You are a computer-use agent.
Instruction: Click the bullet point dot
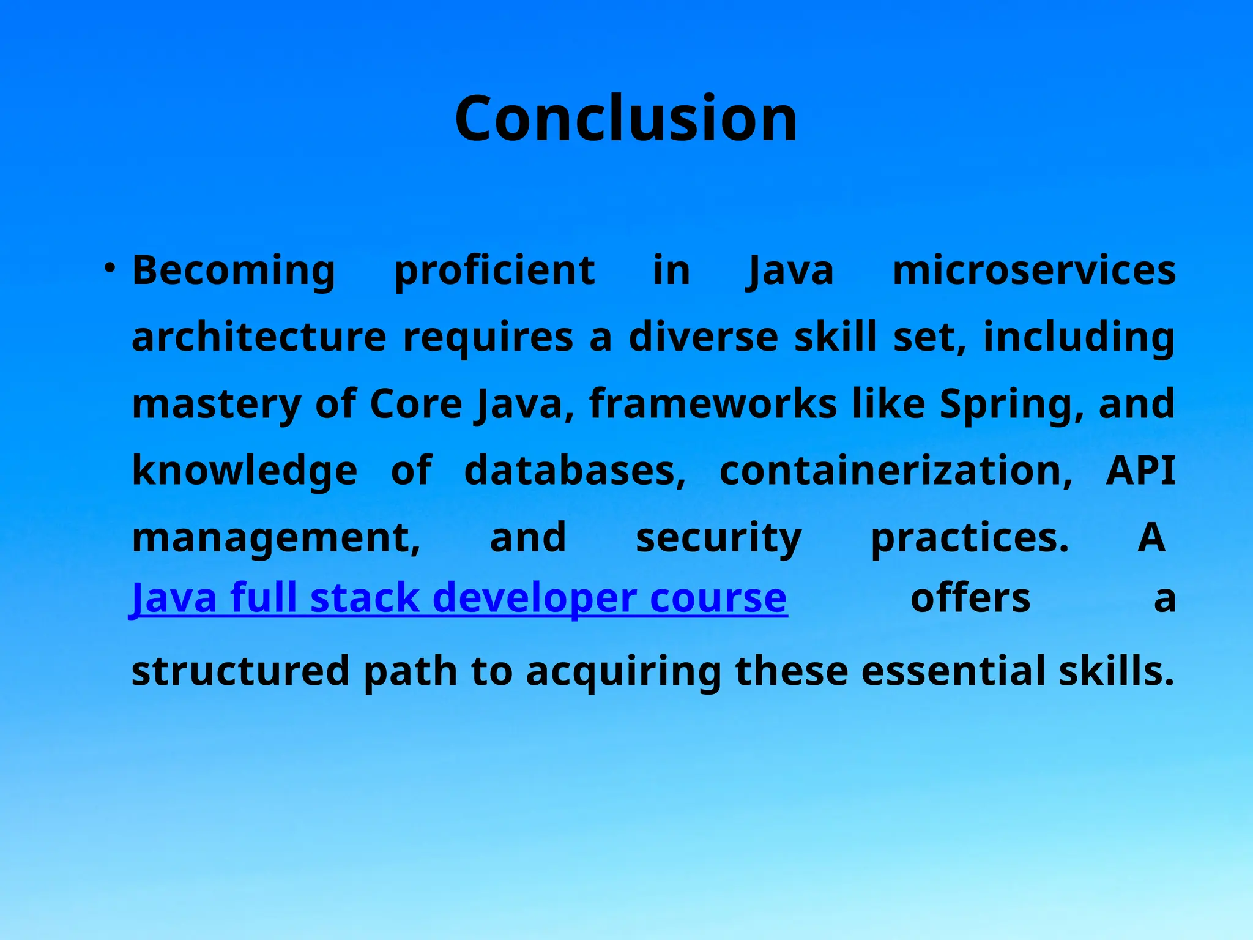[x=110, y=268]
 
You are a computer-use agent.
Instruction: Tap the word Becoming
[x=234, y=270]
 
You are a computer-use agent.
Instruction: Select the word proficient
[x=494, y=270]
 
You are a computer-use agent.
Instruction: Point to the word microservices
[x=1034, y=270]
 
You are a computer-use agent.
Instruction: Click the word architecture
[x=259, y=337]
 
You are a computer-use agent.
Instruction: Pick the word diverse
[x=703, y=337]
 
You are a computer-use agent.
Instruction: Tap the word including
[x=1079, y=337]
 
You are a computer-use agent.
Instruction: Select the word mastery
[x=216, y=405]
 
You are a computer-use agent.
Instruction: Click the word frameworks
[x=713, y=405]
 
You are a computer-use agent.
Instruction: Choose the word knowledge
[x=244, y=471]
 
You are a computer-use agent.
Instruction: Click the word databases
[x=574, y=471]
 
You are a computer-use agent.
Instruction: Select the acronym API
[x=1140, y=471]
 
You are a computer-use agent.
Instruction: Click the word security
[x=718, y=538]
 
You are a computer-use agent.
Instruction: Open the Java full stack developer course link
[x=459, y=598]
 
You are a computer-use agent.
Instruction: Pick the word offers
[x=970, y=598]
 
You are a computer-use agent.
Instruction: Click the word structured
[x=240, y=671]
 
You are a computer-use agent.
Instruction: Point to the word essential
[x=953, y=671]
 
